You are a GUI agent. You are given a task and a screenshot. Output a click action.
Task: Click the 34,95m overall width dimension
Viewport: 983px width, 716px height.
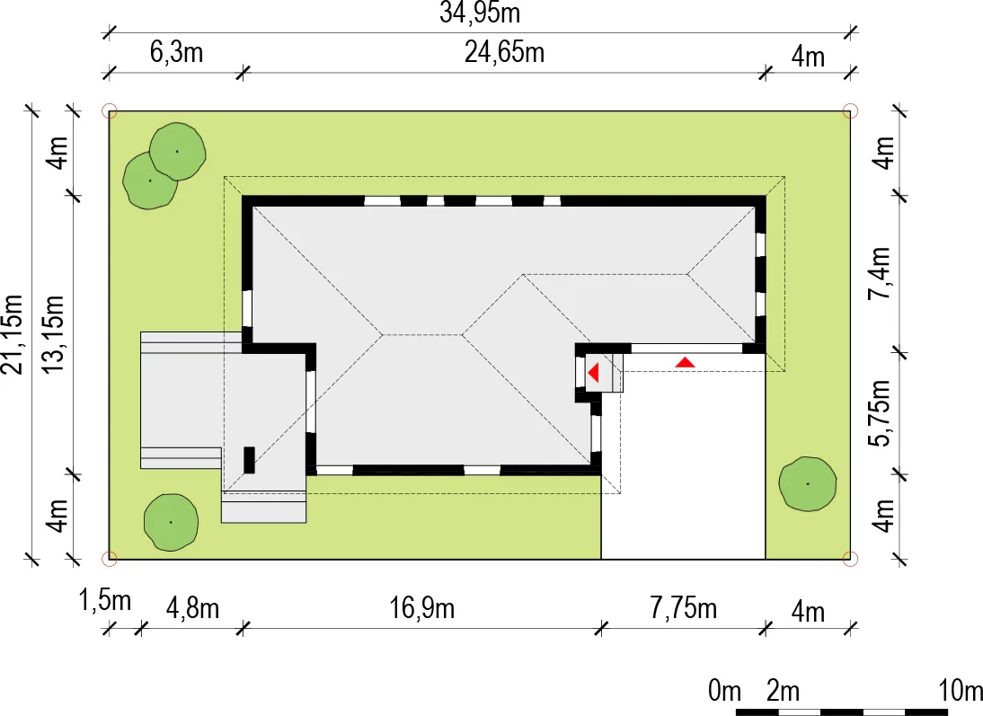(480, 13)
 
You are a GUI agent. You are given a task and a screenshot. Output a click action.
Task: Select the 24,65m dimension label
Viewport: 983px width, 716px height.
(504, 52)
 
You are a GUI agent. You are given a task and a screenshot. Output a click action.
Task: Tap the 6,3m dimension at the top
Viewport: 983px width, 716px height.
(176, 52)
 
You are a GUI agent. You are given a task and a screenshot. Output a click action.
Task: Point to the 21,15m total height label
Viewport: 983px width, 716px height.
(13, 334)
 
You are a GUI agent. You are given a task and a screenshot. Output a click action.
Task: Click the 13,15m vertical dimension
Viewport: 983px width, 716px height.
(53, 334)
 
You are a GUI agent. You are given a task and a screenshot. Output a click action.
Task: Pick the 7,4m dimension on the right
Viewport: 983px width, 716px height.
(881, 273)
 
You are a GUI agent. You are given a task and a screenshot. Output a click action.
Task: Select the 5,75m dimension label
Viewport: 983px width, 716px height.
(881, 413)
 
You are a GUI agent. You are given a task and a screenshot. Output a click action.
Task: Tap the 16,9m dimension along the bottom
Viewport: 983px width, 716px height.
(422, 608)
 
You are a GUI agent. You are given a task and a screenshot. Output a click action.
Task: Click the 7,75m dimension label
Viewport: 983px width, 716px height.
(683, 608)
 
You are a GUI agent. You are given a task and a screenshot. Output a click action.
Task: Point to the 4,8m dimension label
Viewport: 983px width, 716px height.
(192, 608)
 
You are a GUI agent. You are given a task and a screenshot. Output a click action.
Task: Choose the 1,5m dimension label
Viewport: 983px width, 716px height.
(105, 601)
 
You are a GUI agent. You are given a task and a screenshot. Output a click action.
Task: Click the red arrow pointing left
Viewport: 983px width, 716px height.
(593, 373)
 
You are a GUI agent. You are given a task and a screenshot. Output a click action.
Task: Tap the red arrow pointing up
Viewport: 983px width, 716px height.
(686, 362)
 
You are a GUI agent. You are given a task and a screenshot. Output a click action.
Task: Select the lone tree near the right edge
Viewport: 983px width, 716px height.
(808, 484)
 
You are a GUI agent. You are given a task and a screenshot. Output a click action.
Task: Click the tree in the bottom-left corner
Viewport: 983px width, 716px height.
(171, 522)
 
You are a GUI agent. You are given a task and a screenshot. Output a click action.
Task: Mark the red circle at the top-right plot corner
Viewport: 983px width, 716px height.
(850, 111)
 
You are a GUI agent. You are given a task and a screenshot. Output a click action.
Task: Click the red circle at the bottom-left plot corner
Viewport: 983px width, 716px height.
(109, 558)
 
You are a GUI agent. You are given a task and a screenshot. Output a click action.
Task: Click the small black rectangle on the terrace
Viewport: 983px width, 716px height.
(249, 460)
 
